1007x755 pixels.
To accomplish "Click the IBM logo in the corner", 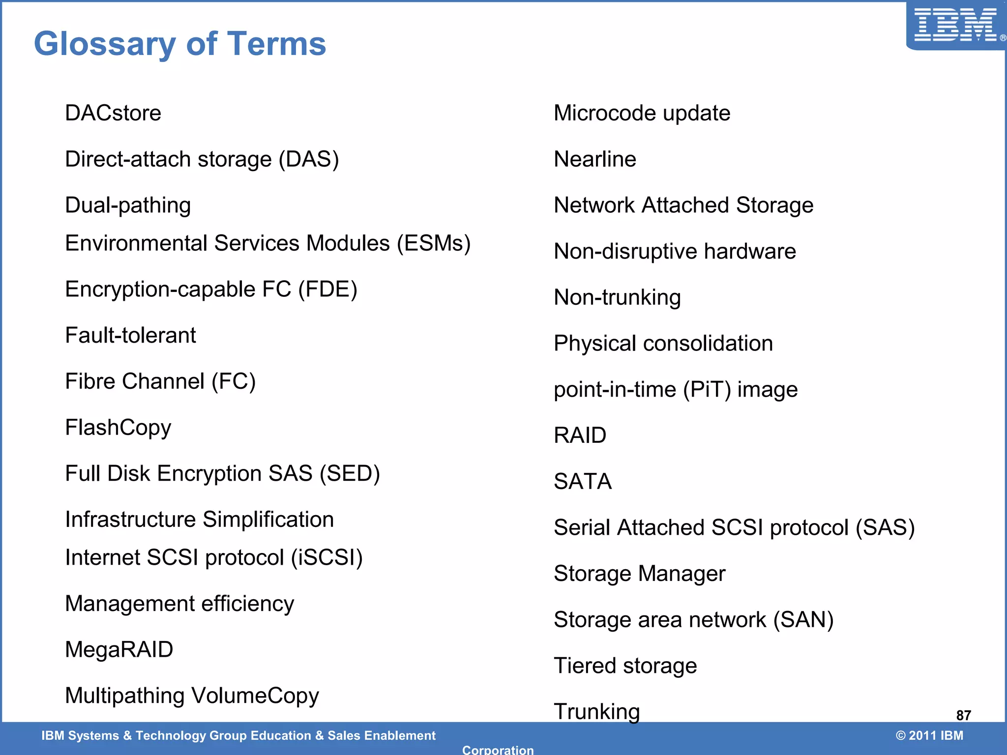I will (956, 25).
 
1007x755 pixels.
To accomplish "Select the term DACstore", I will (113, 113).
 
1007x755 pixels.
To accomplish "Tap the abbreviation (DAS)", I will (309, 159).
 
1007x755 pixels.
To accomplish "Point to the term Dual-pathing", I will (128, 205).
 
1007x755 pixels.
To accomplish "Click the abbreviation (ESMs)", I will (434, 243).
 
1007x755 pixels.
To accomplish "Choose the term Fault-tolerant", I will (130, 335).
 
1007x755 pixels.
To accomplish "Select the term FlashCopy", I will (118, 428).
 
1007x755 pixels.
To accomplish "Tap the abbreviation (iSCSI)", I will (326, 557).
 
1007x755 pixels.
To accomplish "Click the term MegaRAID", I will (119, 649).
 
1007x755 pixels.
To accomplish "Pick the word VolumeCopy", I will (255, 696).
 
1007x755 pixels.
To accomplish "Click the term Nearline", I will (594, 159).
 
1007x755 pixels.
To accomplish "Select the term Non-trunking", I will (617, 297).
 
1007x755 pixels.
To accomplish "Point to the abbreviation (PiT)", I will (707, 390).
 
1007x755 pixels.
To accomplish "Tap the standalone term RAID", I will (580, 436).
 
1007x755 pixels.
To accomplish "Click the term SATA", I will (583, 481).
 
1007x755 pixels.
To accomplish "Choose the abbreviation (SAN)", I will (803, 620).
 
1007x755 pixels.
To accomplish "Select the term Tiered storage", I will (625, 666).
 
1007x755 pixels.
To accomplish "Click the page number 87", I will (963, 715).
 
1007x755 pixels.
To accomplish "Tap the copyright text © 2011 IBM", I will (929, 735).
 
